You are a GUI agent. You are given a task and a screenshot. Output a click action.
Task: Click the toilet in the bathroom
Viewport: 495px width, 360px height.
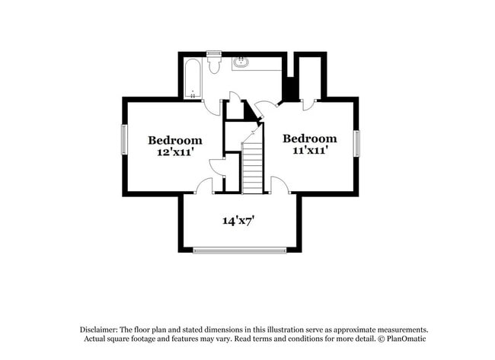213,65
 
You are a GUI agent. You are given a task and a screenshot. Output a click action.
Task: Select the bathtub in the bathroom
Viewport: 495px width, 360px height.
193,78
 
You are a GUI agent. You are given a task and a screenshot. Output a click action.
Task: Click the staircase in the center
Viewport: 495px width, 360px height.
252,166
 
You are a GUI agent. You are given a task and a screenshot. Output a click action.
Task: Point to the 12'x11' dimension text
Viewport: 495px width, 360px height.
175,152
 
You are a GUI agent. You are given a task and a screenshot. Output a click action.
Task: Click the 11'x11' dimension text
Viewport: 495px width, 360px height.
309,151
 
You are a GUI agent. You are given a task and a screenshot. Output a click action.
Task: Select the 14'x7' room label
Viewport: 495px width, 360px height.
238,221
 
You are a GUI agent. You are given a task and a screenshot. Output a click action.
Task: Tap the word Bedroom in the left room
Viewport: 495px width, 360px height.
175,140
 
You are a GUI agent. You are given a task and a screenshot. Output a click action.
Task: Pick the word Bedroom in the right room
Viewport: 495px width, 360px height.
309,139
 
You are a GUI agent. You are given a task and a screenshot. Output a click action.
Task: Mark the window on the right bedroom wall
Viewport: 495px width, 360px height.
356,142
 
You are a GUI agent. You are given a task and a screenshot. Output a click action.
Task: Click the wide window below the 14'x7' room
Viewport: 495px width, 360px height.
239,250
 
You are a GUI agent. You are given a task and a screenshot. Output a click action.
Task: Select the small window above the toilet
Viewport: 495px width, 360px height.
213,53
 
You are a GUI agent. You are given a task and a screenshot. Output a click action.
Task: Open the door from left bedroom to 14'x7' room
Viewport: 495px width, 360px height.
204,186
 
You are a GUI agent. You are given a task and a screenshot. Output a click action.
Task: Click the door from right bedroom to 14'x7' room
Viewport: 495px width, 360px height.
279,186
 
